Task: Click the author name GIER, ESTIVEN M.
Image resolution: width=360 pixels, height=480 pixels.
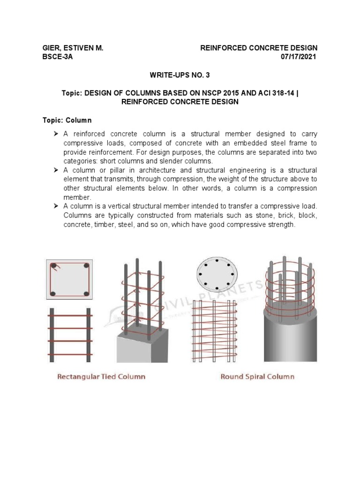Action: [73, 48]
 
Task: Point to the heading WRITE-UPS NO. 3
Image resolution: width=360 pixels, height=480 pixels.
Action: [180, 75]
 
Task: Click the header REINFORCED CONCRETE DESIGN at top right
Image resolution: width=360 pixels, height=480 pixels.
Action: [259, 48]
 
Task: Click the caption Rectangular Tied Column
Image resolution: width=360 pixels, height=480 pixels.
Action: [101, 376]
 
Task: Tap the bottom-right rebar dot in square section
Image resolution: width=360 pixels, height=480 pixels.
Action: [86, 293]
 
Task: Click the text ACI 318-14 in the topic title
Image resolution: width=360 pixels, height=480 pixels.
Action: [272, 93]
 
